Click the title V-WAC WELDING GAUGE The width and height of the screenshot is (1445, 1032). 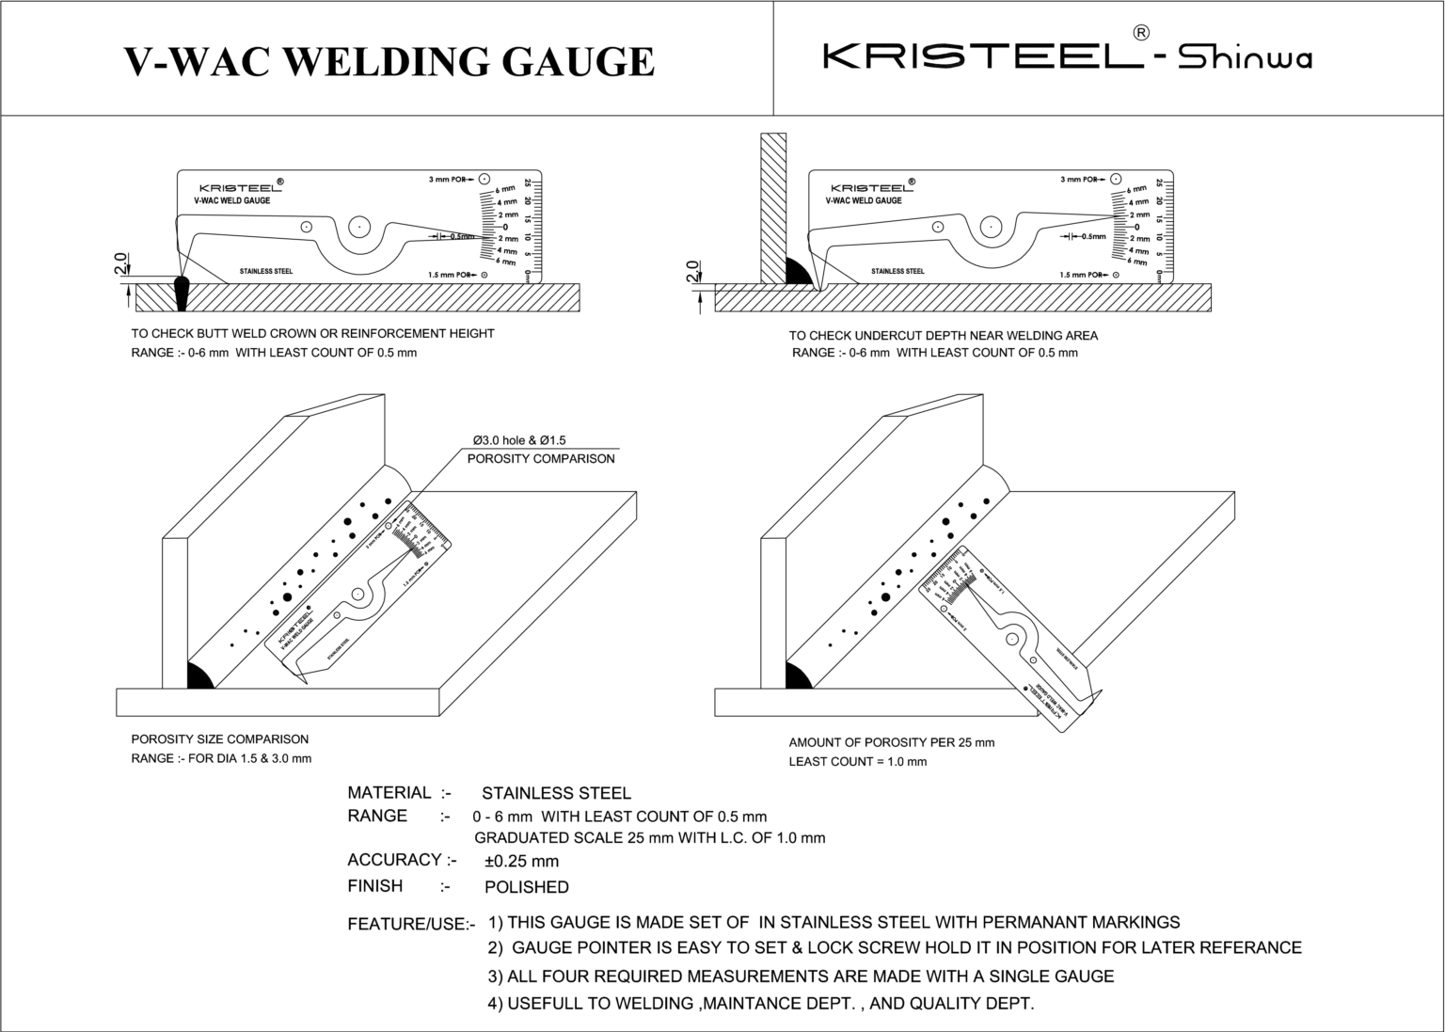tap(389, 62)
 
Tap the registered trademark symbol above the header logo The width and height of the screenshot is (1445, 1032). tap(1140, 32)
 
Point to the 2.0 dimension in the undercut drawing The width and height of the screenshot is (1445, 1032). tap(693, 272)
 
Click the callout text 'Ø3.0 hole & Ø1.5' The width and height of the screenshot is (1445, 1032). tap(518, 440)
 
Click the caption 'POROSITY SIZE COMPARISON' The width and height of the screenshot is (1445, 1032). tap(219, 739)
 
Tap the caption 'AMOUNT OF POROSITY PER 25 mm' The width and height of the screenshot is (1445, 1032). tap(891, 742)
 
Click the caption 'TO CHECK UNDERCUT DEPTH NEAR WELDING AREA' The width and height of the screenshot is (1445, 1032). tap(943, 336)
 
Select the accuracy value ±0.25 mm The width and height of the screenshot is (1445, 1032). tap(521, 862)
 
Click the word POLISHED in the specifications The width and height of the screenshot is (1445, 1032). tap(526, 887)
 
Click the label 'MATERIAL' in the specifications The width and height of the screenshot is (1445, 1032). tap(389, 793)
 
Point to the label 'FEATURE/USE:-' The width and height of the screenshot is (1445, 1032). tap(411, 925)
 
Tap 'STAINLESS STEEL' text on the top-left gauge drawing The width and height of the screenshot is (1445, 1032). tap(265, 272)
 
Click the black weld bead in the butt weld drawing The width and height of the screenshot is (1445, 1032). tap(181, 293)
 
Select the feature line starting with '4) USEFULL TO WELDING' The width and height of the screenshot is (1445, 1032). tap(760, 1004)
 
